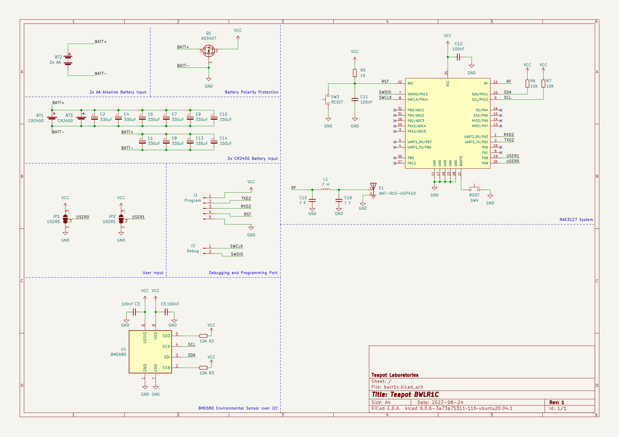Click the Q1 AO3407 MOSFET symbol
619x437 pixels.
coord(209,51)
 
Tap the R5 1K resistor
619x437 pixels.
coord(355,73)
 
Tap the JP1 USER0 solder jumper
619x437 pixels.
coord(65,219)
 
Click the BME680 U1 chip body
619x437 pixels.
coord(150,352)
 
